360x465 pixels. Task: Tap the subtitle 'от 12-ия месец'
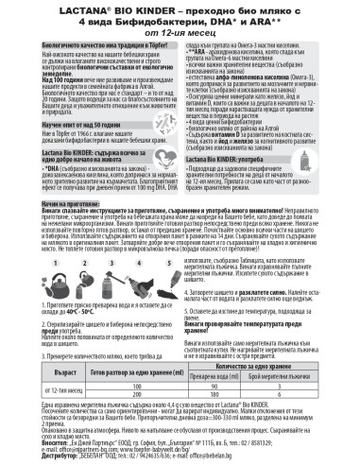[x=180, y=33]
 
